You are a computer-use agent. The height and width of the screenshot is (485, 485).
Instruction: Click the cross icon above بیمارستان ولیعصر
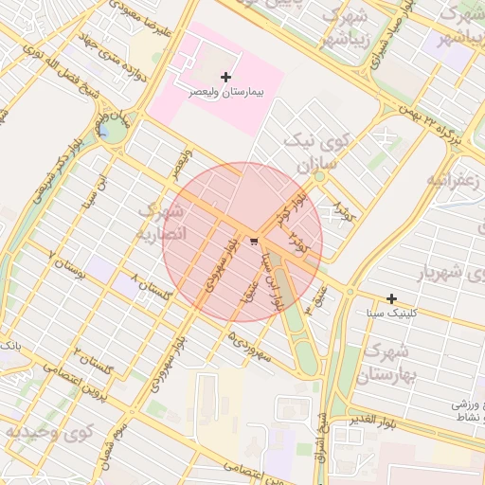[x=225, y=76]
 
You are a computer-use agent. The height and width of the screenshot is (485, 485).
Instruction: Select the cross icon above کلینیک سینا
[x=391, y=298]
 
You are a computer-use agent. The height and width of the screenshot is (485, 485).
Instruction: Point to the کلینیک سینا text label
[x=389, y=313]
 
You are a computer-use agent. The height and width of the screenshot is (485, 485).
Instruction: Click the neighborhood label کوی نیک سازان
[x=316, y=152]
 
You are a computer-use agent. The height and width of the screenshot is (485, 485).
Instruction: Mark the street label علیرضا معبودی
[x=141, y=19]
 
